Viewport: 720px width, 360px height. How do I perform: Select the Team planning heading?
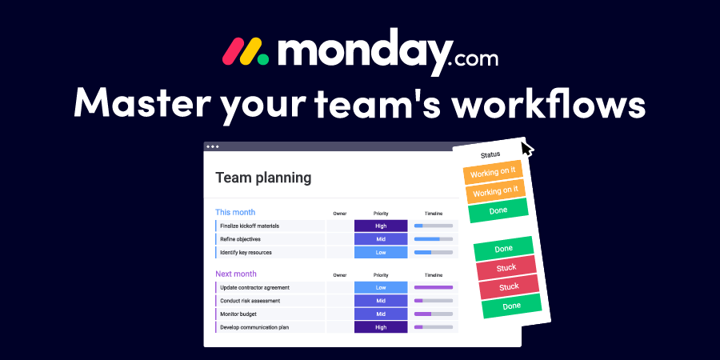[263, 178]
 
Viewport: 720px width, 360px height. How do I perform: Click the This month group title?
[235, 212]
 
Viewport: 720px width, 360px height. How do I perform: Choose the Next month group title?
[236, 274]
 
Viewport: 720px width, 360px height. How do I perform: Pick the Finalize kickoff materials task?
[256, 226]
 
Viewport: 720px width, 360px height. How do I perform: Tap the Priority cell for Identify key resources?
[380, 252]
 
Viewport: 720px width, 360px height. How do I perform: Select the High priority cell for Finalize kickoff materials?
[380, 226]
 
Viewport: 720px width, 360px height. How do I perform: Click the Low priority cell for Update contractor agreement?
[380, 287]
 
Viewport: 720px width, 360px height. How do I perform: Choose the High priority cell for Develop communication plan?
[380, 327]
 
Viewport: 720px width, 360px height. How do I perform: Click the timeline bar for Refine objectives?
[433, 239]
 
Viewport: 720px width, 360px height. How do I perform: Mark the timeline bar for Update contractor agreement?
[433, 287]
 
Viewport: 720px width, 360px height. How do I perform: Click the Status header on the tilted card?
[490, 154]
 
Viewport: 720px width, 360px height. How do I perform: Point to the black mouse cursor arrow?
[526, 149]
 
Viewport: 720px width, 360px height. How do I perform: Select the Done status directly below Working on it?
[498, 210]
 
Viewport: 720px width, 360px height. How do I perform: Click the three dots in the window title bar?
[212, 146]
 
